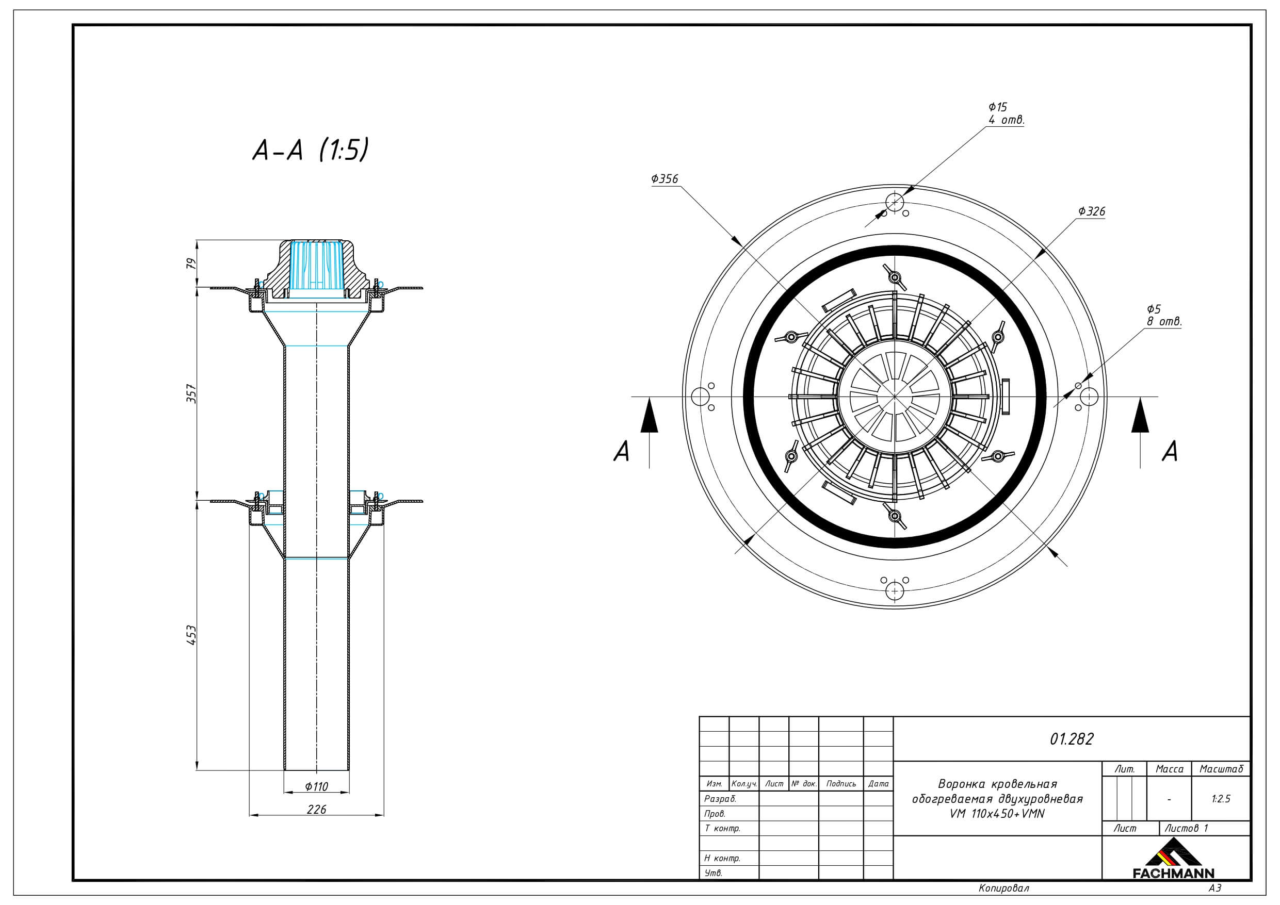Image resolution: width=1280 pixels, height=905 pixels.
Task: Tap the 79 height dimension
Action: [191, 263]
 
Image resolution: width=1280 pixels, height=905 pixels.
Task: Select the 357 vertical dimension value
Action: [191, 393]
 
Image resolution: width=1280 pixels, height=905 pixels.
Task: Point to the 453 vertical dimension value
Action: [191, 635]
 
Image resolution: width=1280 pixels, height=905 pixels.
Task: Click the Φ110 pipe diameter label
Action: [317, 786]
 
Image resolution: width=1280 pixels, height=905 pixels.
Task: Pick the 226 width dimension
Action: [316, 809]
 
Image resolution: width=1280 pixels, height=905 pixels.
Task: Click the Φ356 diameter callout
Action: [665, 179]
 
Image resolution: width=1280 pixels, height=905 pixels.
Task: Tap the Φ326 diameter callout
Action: [1092, 211]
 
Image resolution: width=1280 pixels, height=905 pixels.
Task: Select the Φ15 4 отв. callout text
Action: [1006, 113]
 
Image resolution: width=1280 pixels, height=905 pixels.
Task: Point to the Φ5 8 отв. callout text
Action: [1164, 316]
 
